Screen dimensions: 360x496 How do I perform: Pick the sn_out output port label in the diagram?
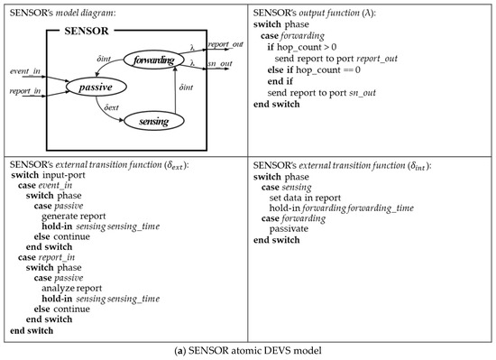pyautogui.click(x=219, y=64)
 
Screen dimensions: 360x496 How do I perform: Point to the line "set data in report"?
pyautogui.click(x=317, y=197)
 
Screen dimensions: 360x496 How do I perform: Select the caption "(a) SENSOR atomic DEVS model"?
pyautogui.click(x=248, y=350)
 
